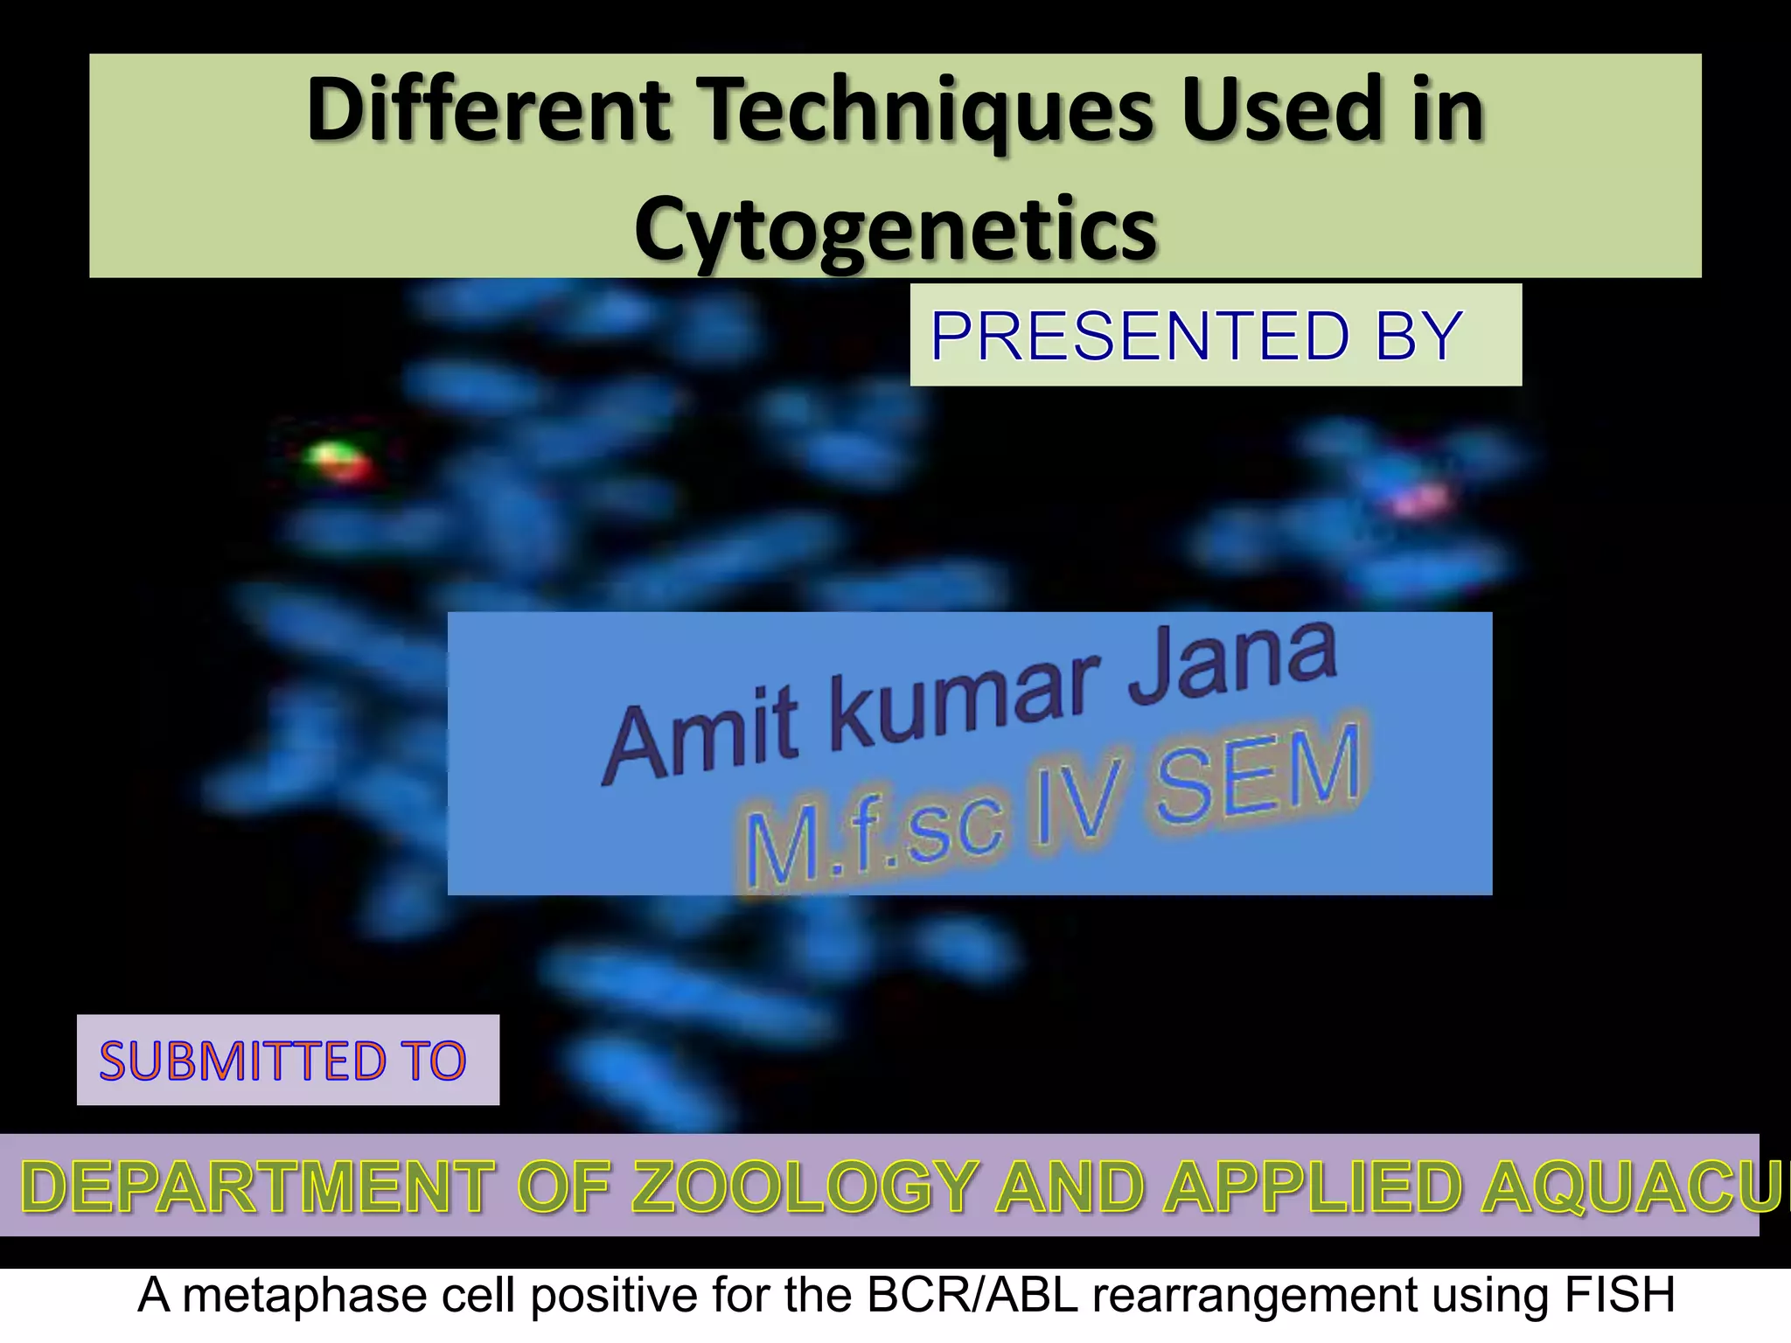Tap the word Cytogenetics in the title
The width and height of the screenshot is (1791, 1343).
[x=895, y=229]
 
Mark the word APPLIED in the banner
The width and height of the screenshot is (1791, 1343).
[x=1312, y=1187]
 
